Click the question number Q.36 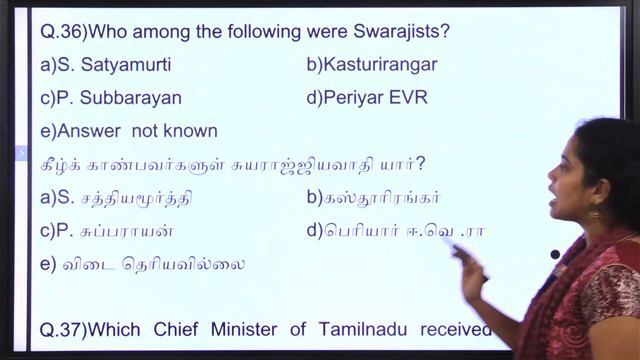tap(61, 32)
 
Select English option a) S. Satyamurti tap(106, 65)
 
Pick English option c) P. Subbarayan tap(111, 98)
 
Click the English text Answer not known tap(129, 131)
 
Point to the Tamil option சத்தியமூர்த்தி tap(134, 197)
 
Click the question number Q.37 tap(62, 329)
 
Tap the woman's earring tap(593, 213)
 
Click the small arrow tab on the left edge tap(22, 153)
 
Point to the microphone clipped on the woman tap(555, 255)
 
